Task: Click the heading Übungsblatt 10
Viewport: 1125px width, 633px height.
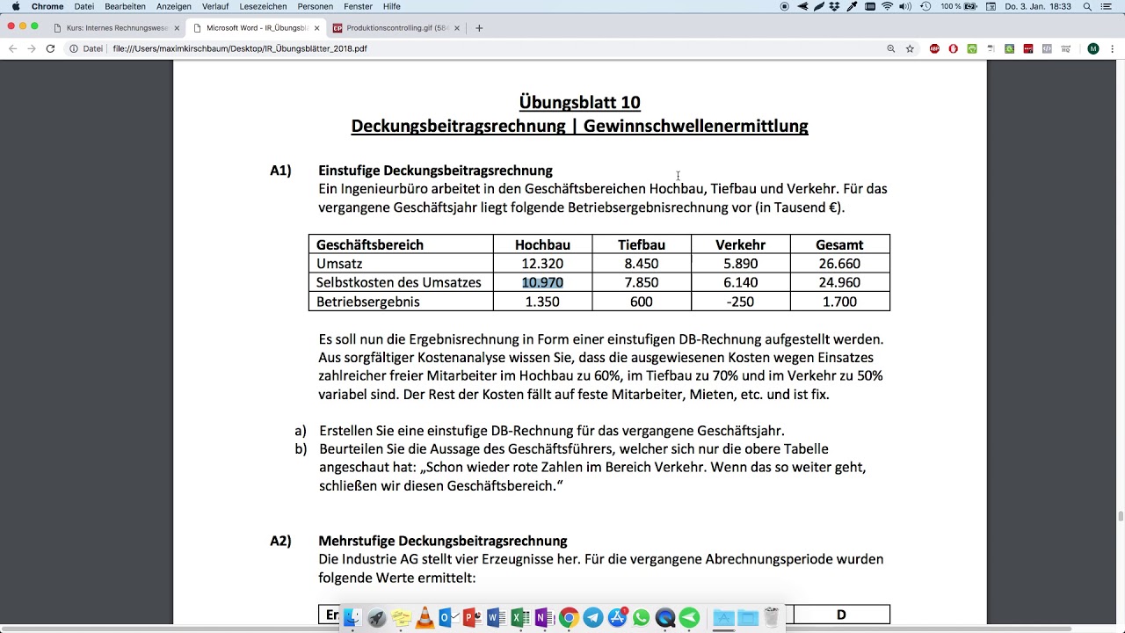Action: (579, 102)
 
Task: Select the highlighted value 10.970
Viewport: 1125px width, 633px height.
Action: (542, 282)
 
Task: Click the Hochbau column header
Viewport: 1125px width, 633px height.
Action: (542, 244)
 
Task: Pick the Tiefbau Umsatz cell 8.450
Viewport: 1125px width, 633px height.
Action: (641, 264)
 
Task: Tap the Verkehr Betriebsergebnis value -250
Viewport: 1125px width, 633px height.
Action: (740, 302)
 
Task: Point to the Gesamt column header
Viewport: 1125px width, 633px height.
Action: (839, 244)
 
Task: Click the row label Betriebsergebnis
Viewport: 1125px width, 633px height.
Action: (367, 302)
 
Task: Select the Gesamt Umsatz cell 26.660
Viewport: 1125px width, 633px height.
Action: (839, 264)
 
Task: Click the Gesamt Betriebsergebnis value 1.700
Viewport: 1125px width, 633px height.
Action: (839, 302)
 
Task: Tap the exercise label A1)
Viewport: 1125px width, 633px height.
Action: (280, 171)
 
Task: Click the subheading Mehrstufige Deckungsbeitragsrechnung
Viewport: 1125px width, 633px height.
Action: (442, 541)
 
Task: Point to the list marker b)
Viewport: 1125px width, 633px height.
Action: (301, 448)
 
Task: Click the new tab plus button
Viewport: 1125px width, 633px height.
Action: (479, 28)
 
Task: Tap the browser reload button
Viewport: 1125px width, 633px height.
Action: (50, 48)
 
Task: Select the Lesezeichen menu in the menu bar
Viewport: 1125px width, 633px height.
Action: (263, 6)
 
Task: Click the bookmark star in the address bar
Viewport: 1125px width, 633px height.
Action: (910, 48)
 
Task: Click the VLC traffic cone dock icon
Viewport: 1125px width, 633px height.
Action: (425, 618)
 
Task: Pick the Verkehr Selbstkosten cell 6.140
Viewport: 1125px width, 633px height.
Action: (740, 282)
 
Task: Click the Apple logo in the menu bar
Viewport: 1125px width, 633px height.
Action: (16, 6)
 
